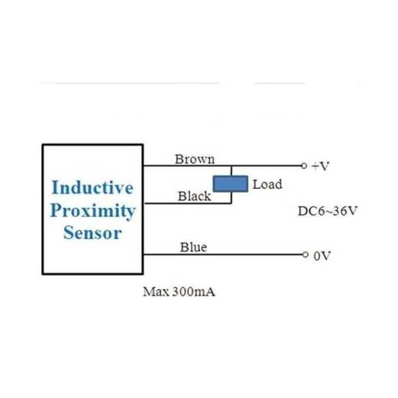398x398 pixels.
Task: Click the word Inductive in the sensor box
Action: tap(92, 188)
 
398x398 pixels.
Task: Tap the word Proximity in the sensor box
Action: tap(92, 211)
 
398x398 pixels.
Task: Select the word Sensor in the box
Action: tap(92, 233)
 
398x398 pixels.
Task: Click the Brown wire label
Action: tap(194, 159)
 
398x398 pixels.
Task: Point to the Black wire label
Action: tap(194, 196)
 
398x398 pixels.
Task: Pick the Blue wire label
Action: tap(193, 247)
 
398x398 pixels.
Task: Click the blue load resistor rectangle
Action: tap(230, 184)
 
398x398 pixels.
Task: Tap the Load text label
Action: tap(267, 184)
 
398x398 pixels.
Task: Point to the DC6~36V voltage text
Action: tap(328, 212)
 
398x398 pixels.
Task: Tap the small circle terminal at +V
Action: tap(304, 166)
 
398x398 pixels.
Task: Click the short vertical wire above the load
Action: tap(232, 170)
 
